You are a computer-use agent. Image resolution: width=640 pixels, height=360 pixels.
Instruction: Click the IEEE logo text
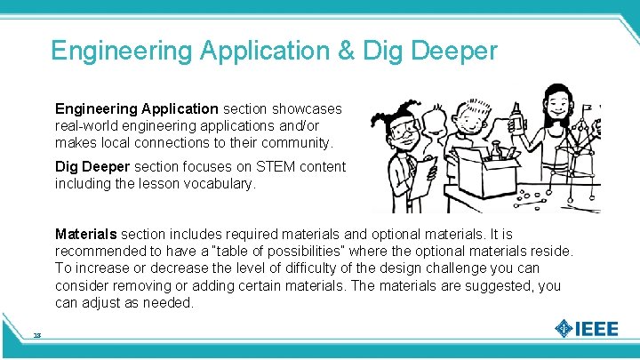[x=596, y=329]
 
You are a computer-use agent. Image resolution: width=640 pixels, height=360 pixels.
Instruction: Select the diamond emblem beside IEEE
[x=564, y=328]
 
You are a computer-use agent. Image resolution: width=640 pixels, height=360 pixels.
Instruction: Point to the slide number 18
[x=37, y=335]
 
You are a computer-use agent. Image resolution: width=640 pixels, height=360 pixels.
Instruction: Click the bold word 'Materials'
[x=85, y=235]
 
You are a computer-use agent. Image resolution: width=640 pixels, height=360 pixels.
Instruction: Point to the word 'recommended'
[x=98, y=252]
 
